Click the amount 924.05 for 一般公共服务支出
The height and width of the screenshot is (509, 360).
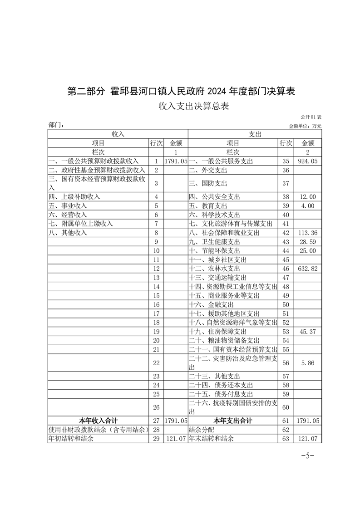(307, 161)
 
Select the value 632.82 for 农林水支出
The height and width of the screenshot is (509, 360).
(307, 269)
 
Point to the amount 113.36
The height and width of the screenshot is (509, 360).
(307, 233)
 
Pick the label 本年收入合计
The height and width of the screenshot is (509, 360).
(99, 421)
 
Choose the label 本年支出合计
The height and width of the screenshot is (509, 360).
(233, 421)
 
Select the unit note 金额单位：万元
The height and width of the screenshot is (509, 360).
(305, 126)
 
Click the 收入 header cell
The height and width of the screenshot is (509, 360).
(118, 134)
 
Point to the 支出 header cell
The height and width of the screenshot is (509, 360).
(254, 134)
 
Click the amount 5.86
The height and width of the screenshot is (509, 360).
(307, 363)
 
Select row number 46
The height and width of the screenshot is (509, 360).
(286, 269)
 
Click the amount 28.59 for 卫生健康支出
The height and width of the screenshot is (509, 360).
(307, 242)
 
